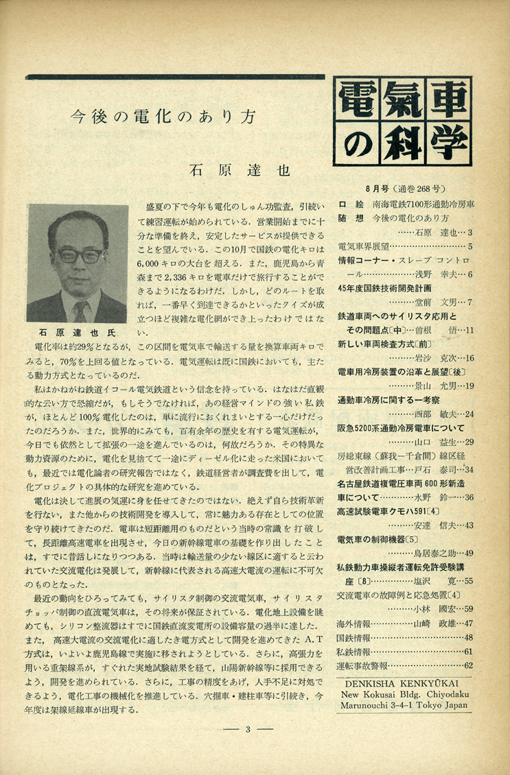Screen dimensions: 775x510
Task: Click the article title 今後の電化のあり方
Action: coord(165,117)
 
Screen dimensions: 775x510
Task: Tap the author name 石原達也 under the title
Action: coord(240,169)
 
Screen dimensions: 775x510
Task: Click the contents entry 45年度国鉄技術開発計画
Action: coord(390,287)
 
